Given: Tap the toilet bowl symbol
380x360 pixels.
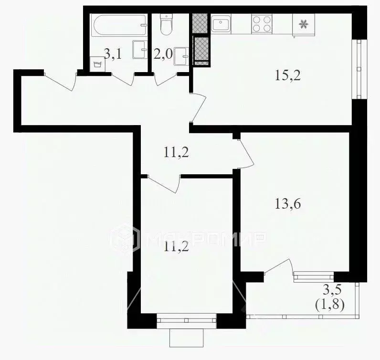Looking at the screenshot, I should (166, 25).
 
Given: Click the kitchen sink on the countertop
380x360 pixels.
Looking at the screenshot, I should (220, 24).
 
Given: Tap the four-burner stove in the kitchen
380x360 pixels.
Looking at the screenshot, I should (262, 24).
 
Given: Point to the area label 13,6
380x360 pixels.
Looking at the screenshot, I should (288, 204).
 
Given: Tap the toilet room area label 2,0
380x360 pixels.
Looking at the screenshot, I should (164, 54).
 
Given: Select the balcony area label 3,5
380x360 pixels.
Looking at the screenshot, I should (332, 289).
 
